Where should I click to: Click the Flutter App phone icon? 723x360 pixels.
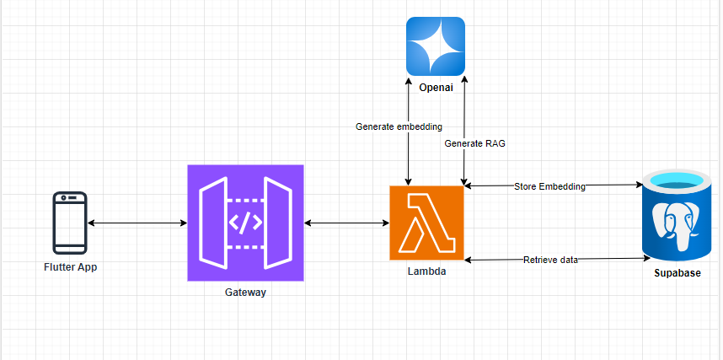pyautogui.click(x=70, y=223)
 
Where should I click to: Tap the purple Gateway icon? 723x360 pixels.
pyautogui.click(x=245, y=223)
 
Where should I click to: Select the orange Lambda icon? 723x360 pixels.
pyautogui.click(x=426, y=223)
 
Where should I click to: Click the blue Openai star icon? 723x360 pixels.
pyautogui.click(x=435, y=46)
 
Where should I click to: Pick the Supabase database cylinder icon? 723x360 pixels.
pyautogui.click(x=677, y=216)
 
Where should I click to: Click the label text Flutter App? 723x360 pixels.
pyautogui.click(x=70, y=266)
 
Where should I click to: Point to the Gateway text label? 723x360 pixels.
pyautogui.click(x=245, y=292)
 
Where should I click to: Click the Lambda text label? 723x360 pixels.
pyautogui.click(x=426, y=271)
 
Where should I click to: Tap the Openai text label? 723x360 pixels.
pyautogui.click(x=436, y=86)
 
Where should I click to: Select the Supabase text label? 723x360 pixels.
pyautogui.click(x=677, y=273)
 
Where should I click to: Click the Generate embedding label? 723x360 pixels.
pyautogui.click(x=399, y=126)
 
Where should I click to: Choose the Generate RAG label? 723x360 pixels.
pyautogui.click(x=475, y=143)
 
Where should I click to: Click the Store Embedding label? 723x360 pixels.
pyautogui.click(x=549, y=185)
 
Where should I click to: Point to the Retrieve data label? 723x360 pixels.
pyautogui.click(x=550, y=260)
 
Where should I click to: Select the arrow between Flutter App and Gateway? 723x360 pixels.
pyautogui.click(x=137, y=223)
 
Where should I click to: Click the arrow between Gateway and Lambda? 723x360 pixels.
pyautogui.click(x=346, y=223)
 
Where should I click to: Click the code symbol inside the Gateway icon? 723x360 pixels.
pyautogui.click(x=245, y=223)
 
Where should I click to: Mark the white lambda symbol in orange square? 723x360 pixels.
pyautogui.click(x=426, y=223)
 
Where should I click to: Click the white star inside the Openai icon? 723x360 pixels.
pyautogui.click(x=435, y=46)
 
